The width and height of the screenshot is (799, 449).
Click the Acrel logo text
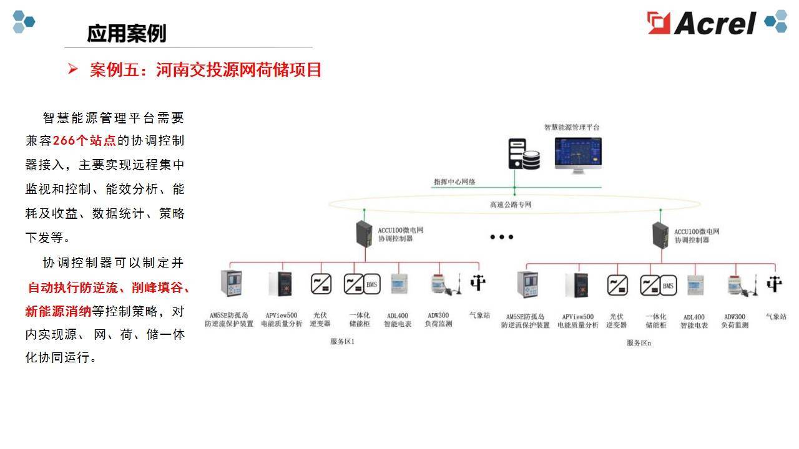coord(715,23)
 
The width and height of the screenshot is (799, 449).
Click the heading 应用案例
coord(126,33)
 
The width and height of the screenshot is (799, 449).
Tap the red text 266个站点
coord(84,141)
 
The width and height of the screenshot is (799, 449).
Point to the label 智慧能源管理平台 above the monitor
coord(571,127)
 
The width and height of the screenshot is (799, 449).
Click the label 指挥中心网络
coord(454,181)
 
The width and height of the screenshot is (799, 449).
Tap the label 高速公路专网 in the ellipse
coord(511,204)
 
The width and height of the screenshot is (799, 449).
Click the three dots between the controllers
coord(501,237)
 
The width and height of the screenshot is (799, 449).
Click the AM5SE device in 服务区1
coord(230,284)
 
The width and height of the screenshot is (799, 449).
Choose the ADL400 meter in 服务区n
coord(695,285)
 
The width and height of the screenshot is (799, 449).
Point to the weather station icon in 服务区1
coord(478,283)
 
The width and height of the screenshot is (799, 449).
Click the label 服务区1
coord(342,342)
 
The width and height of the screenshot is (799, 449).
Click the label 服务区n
coord(639,342)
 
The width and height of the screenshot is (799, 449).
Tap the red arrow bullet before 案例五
coord(72,69)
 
